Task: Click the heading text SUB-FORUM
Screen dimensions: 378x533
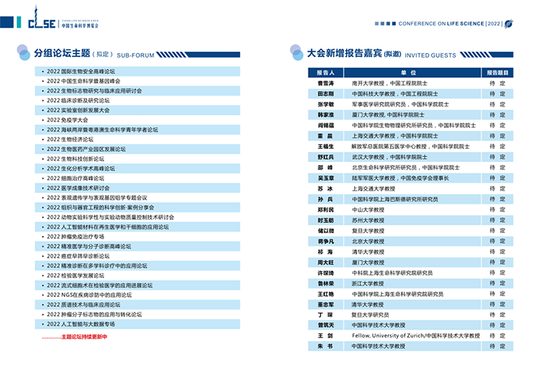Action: [136, 55]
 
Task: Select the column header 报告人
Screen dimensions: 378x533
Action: [326, 72]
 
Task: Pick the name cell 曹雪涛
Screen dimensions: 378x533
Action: [326, 83]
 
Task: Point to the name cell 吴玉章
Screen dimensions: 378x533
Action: [326, 178]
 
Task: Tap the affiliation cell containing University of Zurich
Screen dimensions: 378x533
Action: [416, 336]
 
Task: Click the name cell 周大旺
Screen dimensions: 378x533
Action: [326, 262]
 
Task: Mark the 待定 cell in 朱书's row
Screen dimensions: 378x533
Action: [498, 346]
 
